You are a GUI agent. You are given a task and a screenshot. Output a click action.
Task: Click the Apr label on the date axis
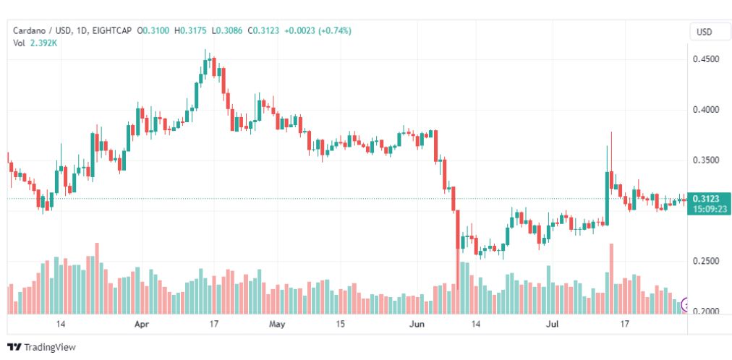coord(142,324)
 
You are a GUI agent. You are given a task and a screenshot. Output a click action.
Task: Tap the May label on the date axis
coord(277,324)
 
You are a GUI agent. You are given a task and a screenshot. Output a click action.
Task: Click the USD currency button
coord(704,32)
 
